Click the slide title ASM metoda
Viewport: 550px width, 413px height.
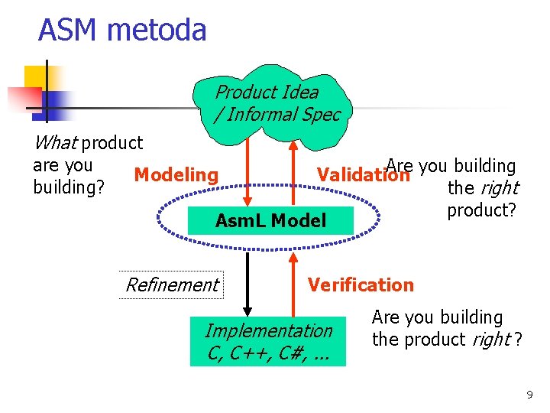(122, 31)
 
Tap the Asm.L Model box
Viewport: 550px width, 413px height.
(270, 221)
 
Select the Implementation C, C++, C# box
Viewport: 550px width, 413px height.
(268, 341)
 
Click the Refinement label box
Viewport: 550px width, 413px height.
(171, 285)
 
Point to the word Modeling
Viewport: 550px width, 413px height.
(176, 175)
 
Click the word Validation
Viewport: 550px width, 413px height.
(362, 175)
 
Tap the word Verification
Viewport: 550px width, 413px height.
(360, 285)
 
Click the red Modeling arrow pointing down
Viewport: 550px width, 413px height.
(246, 176)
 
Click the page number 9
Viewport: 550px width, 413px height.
(529, 395)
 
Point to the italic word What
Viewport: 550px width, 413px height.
(55, 143)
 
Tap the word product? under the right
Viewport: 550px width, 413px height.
(481, 210)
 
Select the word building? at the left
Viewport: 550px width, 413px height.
(69, 187)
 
